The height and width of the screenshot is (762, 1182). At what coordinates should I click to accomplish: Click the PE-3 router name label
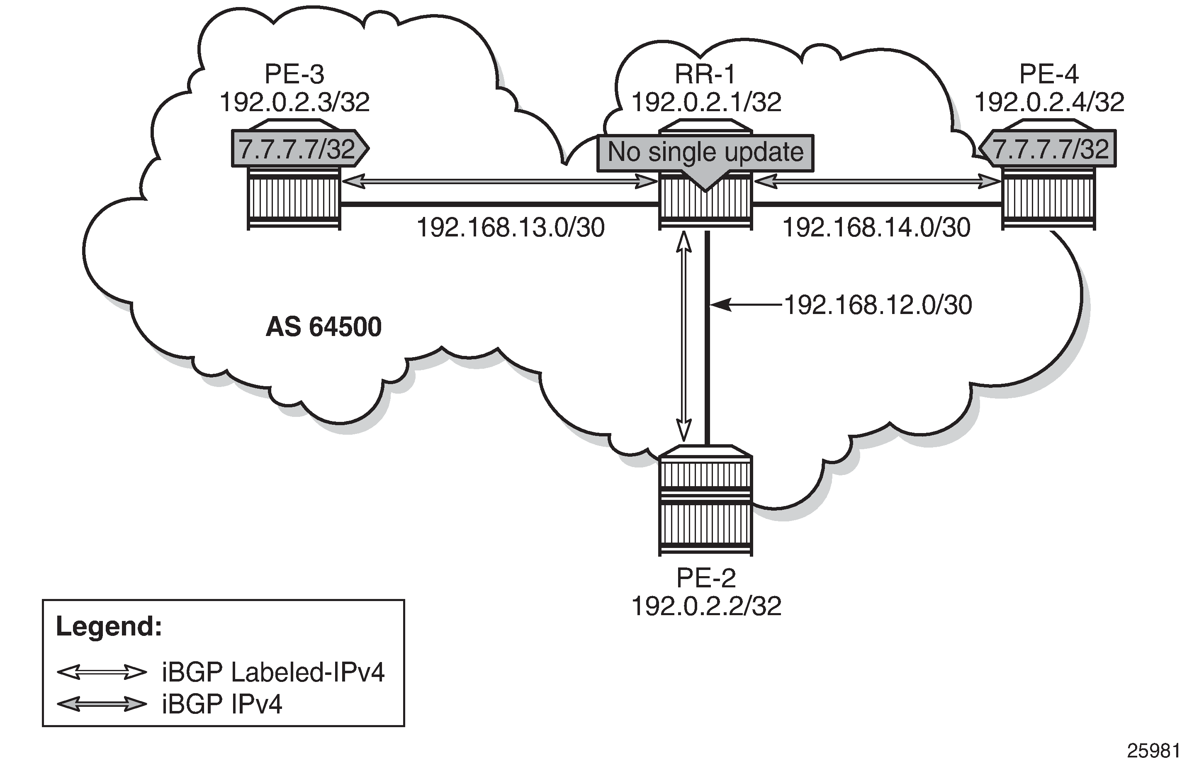(x=294, y=75)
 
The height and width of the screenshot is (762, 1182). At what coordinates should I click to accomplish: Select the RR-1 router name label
(x=705, y=75)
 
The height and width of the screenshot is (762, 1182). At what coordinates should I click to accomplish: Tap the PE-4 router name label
(x=1049, y=75)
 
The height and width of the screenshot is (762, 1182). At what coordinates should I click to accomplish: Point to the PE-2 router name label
(x=706, y=577)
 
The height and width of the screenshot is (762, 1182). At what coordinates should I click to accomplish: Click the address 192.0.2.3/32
(x=294, y=103)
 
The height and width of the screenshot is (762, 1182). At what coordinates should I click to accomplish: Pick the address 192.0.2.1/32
(x=706, y=103)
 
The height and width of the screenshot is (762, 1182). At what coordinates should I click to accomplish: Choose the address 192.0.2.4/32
(x=1049, y=103)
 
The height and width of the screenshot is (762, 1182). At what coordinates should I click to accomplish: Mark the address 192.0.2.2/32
(x=706, y=606)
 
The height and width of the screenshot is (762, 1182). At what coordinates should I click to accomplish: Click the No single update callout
(x=705, y=152)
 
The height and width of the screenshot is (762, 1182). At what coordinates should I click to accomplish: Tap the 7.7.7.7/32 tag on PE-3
(x=297, y=149)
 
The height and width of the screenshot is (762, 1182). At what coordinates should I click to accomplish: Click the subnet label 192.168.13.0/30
(x=511, y=228)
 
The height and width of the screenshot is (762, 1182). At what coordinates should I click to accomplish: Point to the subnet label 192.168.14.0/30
(x=876, y=228)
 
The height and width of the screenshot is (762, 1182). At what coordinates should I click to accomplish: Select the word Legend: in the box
(x=109, y=626)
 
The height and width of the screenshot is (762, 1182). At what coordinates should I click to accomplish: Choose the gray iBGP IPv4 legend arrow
(x=102, y=704)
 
